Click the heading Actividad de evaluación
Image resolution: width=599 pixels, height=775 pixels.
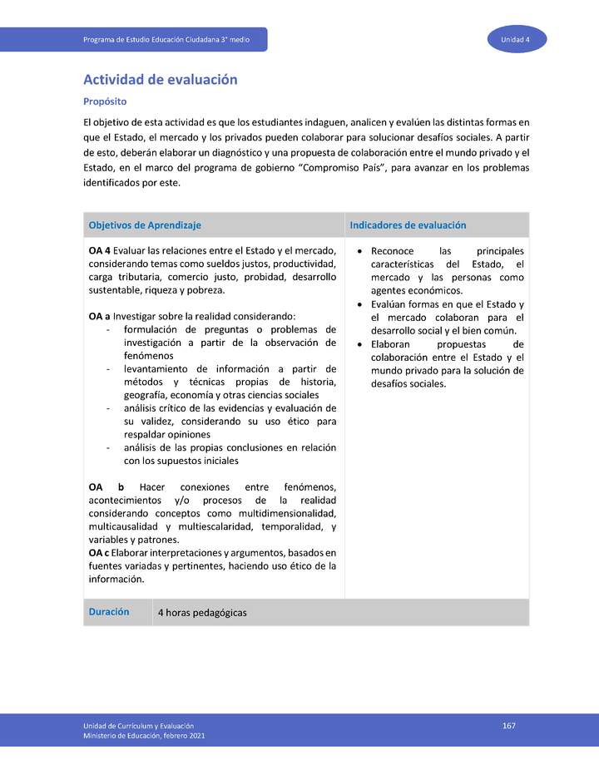pyautogui.click(x=161, y=80)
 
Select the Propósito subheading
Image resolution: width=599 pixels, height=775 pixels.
pyautogui.click(x=105, y=101)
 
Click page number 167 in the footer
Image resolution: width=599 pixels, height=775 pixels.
pyautogui.click(x=509, y=726)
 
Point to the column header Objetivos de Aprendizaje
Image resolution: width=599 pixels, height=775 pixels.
pyautogui.click(x=145, y=225)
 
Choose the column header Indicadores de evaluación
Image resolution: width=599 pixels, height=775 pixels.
pyautogui.click(x=408, y=225)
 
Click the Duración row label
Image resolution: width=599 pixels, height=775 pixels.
pyautogui.click(x=109, y=611)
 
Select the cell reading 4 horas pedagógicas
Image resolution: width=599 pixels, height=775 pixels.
pyautogui.click(x=202, y=613)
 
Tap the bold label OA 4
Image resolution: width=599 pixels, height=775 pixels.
pyautogui.click(x=99, y=251)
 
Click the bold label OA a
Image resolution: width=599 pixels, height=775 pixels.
pyautogui.click(x=99, y=317)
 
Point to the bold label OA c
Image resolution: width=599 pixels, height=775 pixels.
pyautogui.click(x=98, y=553)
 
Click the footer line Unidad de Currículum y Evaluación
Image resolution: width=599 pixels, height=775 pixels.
pyautogui.click(x=139, y=726)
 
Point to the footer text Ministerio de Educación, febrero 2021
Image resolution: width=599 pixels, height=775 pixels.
pyautogui.click(x=144, y=736)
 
